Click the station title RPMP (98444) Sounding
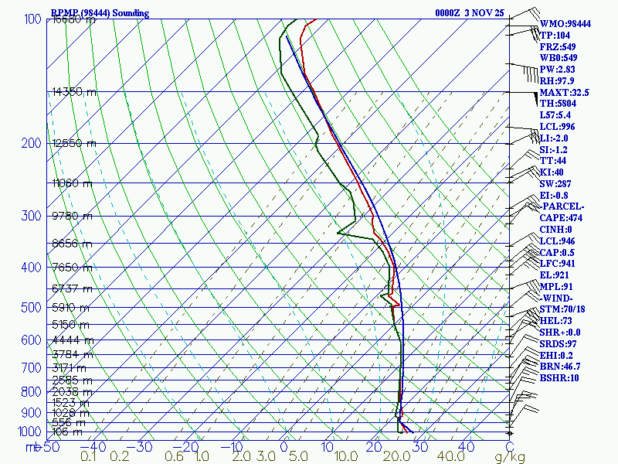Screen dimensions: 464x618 click(100, 13)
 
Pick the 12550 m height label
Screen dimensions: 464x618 click(74, 143)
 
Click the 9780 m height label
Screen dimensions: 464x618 click(72, 216)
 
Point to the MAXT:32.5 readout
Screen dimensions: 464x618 click(564, 92)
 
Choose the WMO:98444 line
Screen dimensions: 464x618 click(565, 24)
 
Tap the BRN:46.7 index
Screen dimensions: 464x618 click(561, 367)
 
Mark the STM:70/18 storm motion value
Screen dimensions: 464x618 click(564, 309)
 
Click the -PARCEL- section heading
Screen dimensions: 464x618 click(563, 206)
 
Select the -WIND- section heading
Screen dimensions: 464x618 click(559, 298)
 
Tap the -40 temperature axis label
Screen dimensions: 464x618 click(97, 447)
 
